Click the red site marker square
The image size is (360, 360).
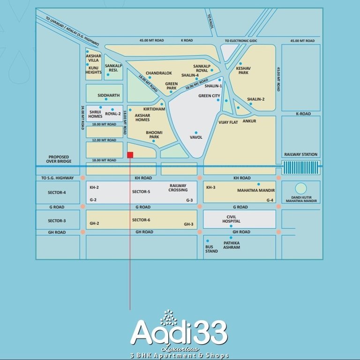pos(130,155)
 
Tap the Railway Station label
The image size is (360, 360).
pos(300,154)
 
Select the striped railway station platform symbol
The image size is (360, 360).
pos(301,166)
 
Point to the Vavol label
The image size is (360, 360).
pos(196,137)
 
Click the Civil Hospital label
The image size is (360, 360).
pos(232,219)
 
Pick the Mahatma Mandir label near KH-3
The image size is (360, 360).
pos(256,191)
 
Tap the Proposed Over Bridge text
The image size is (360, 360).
pos(58,159)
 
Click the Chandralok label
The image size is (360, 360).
pos(159,73)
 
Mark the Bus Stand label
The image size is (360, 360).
pos(211,249)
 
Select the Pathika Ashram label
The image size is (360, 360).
pos(232,245)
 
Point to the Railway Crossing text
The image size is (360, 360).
pos(178,187)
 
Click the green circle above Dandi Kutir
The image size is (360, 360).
pos(301,188)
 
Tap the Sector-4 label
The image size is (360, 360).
pos(57,192)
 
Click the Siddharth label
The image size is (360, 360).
pos(108,95)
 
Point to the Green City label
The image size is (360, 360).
pos(209,96)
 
